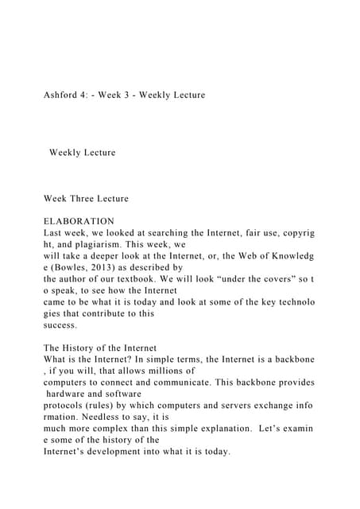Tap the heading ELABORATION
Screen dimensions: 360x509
79,221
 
